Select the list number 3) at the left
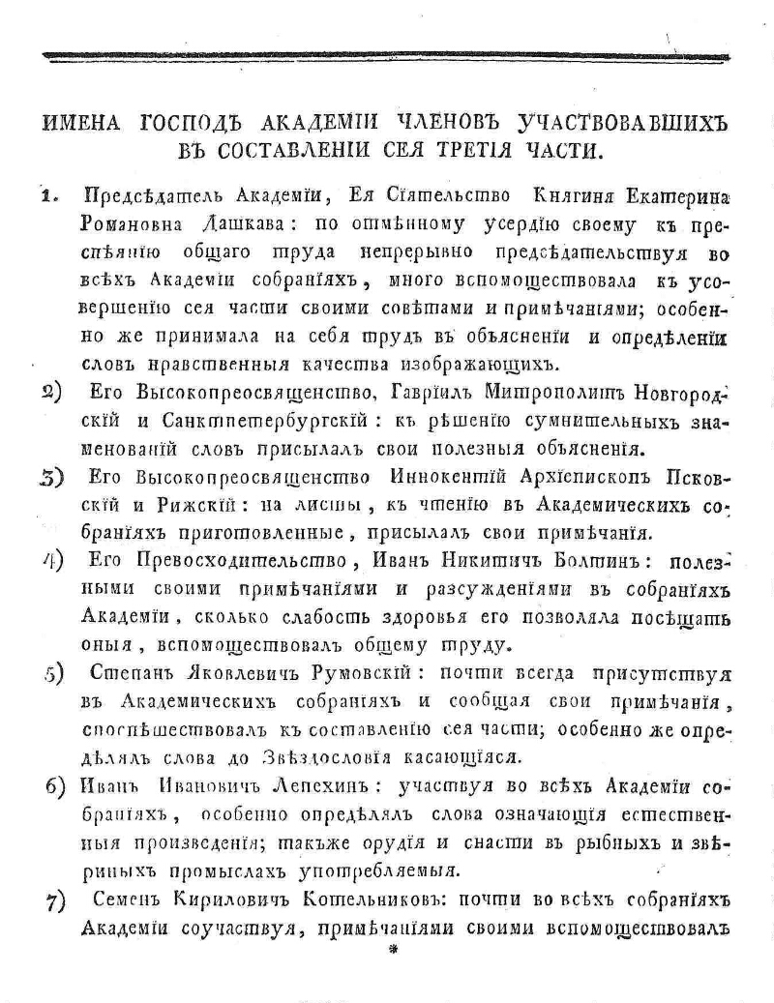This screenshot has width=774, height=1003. tap(52, 479)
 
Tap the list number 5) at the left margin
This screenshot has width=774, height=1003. tap(53, 675)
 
